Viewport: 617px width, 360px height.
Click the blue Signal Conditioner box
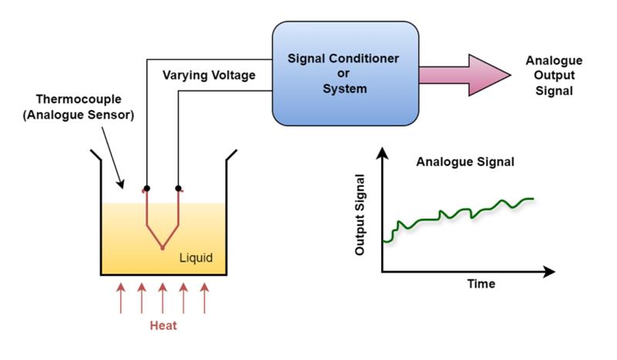[346, 73]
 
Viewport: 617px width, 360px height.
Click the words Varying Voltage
[209, 76]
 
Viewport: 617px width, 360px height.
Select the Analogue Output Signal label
[554, 75]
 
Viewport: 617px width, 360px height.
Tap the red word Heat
[163, 325]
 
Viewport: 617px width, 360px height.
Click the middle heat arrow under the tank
[163, 298]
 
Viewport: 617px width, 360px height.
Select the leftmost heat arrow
[120, 298]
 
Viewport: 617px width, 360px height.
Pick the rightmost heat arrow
[204, 298]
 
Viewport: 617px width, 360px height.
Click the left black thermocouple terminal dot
[147, 188]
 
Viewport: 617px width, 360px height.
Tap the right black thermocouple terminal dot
[179, 188]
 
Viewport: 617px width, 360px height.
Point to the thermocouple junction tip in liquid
[162, 248]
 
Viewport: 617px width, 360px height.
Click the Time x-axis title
[481, 284]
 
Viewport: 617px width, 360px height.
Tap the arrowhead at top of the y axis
[382, 154]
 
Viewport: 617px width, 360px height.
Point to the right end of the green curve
[532, 199]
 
